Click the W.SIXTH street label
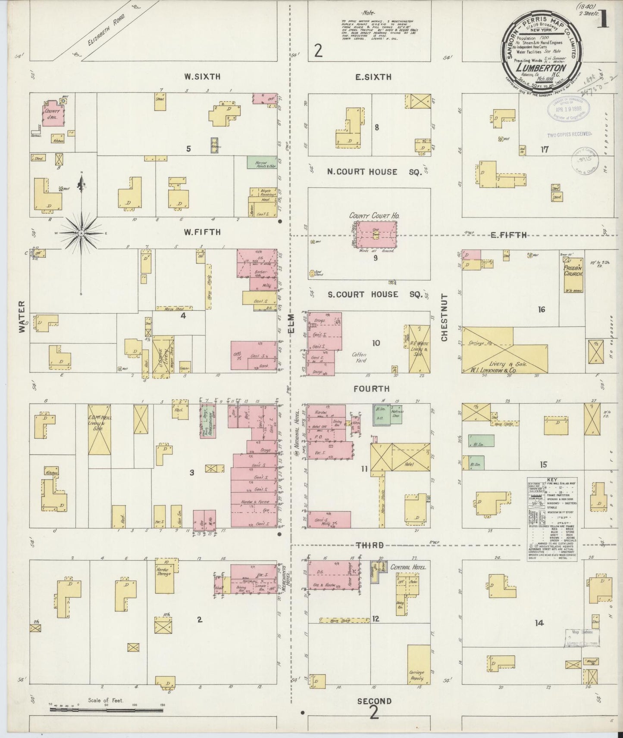202,77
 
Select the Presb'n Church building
574,276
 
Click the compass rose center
81,233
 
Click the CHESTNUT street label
444,318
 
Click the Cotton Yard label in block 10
359,357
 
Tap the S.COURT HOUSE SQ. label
369,295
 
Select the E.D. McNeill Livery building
99,429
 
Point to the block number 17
545,150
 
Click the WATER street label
22,317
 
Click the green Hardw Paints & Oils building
262,162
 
